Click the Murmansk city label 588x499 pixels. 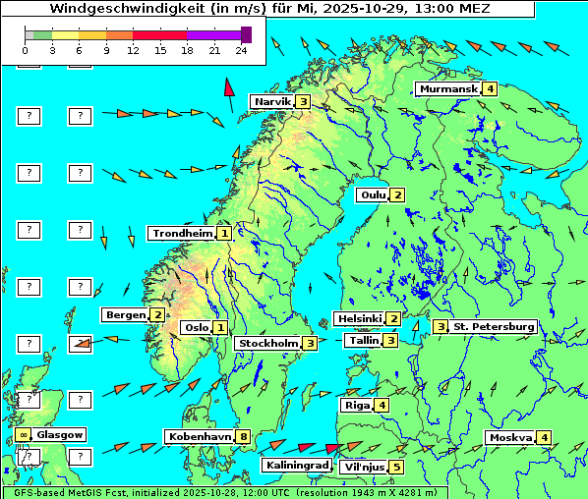click(x=447, y=89)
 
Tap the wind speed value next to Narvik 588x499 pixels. click(x=304, y=101)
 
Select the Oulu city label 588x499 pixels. click(x=372, y=194)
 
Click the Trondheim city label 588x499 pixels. click(x=181, y=234)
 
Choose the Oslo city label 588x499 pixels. click(x=195, y=328)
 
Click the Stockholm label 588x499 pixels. click(x=266, y=344)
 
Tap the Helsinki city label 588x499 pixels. click(x=358, y=319)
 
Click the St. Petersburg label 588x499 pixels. click(x=494, y=326)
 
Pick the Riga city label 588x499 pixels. click(x=355, y=406)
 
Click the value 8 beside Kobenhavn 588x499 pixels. click(x=243, y=436)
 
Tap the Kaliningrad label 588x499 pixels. click(x=295, y=466)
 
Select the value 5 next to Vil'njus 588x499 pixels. click(x=396, y=468)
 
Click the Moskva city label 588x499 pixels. click(x=509, y=438)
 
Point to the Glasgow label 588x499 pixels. click(x=60, y=435)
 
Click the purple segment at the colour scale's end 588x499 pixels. click(x=246, y=34)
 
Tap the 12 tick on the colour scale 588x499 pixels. click(x=132, y=49)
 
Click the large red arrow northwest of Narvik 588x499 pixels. click(x=229, y=93)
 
